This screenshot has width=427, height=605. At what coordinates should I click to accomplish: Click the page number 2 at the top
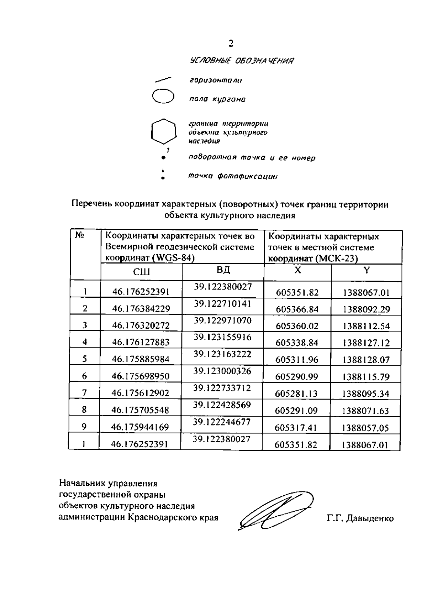click(231, 44)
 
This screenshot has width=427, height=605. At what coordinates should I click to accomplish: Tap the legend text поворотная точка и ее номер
click(252, 158)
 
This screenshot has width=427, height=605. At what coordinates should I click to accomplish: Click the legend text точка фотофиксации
click(233, 176)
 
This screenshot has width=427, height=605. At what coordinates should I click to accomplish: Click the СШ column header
click(141, 272)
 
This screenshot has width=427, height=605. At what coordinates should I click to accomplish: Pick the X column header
click(297, 270)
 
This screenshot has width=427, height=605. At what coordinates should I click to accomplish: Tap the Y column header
click(367, 270)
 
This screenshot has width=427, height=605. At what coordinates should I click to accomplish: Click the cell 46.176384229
click(141, 309)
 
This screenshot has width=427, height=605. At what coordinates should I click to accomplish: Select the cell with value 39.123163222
click(222, 354)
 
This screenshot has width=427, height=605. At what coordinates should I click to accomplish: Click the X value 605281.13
click(296, 394)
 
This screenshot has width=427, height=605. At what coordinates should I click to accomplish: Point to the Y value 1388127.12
click(366, 343)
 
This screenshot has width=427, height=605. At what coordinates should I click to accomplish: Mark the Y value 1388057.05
click(365, 428)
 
